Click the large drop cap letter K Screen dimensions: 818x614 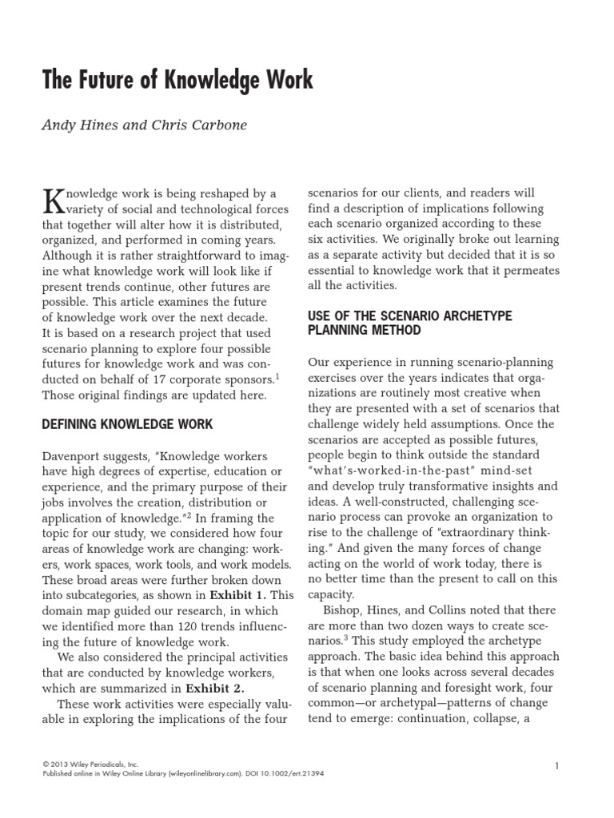pyautogui.click(x=53, y=201)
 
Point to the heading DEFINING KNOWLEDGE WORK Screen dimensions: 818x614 pyautogui.click(x=127, y=424)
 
